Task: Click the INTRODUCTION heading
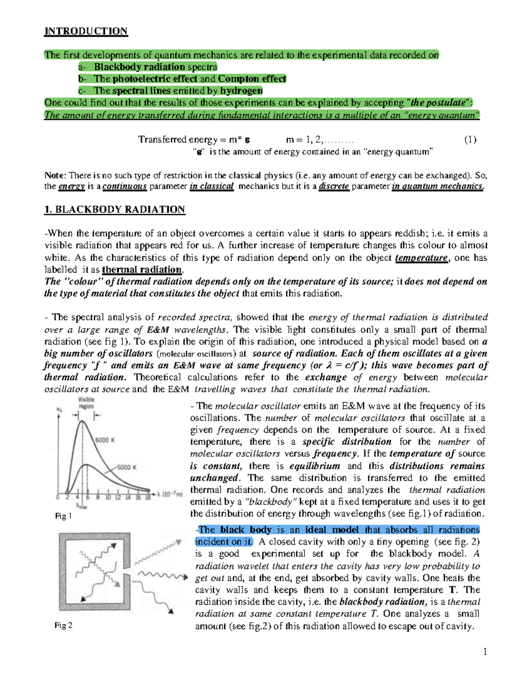[86, 31]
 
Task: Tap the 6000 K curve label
[105, 440]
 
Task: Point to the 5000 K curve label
[127, 467]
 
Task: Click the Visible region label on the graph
[86, 403]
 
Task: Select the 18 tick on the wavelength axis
[148, 498]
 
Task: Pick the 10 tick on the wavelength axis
[108, 498]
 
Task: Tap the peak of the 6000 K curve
[82, 421]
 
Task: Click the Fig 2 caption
[63, 625]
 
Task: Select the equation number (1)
[470, 140]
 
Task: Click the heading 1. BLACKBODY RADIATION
[114, 210]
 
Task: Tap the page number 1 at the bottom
[485, 651]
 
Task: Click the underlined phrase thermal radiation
[142, 269]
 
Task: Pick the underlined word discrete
[334, 187]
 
